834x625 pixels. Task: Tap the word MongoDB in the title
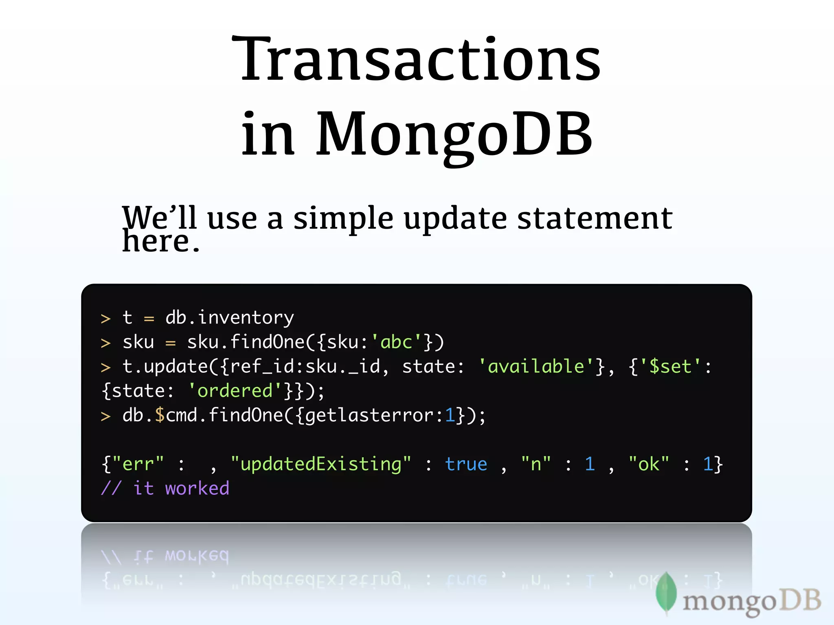(454, 134)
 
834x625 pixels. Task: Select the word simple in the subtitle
(343, 219)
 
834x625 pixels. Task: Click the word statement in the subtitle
(595, 218)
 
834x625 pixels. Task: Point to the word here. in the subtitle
(161, 242)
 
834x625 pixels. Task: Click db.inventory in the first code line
(229, 318)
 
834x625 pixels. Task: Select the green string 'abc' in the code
(396, 342)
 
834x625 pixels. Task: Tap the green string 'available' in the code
(536, 367)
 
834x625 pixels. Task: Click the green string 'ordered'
(235, 391)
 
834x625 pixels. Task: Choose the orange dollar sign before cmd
(160, 415)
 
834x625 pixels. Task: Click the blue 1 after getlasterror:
(450, 415)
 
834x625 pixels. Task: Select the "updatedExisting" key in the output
(321, 464)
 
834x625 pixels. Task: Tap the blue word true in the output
(466, 464)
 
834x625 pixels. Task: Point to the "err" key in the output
(138, 464)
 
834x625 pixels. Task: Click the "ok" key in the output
(648, 464)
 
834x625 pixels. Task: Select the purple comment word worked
(197, 489)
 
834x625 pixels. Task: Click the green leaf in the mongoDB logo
(666, 592)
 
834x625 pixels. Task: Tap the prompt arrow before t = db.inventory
(105, 319)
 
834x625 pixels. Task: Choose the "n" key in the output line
(536, 464)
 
